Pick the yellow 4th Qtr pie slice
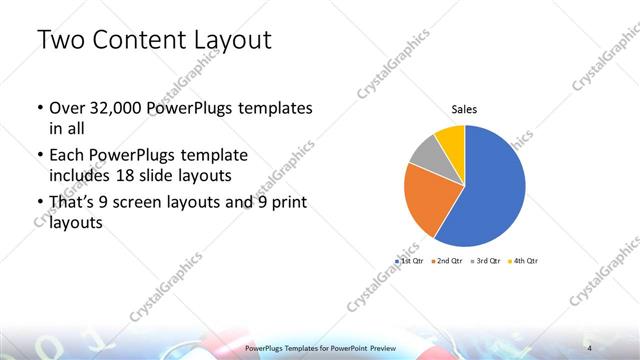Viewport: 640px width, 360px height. (451, 138)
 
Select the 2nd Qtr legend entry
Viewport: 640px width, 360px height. (451, 260)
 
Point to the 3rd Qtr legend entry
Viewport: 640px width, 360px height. (489, 260)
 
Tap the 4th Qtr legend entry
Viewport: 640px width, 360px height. (526, 260)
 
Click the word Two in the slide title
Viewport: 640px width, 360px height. (61, 41)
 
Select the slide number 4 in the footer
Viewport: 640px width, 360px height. (590, 347)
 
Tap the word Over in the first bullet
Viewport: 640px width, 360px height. (68, 108)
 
